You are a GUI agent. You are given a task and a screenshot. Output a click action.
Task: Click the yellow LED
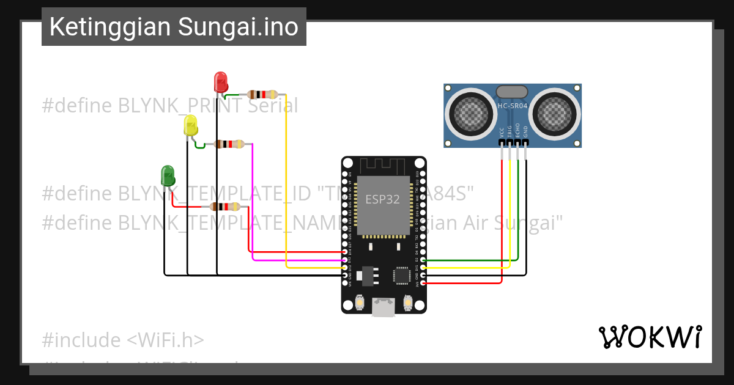click(190, 125)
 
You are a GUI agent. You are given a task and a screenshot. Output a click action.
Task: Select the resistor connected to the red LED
click(262, 95)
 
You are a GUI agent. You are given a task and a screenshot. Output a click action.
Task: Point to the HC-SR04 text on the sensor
click(513, 106)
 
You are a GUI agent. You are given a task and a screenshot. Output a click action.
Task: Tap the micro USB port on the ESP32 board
click(384, 307)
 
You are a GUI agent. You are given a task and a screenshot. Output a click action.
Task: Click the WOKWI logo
click(650, 337)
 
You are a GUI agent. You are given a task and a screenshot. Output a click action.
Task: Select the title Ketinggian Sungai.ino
click(174, 27)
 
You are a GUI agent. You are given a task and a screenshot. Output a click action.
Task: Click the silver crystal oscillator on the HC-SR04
click(511, 92)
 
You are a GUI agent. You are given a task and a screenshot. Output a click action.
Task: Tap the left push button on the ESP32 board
click(359, 302)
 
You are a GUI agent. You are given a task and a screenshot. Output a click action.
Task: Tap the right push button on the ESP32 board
click(408, 302)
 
